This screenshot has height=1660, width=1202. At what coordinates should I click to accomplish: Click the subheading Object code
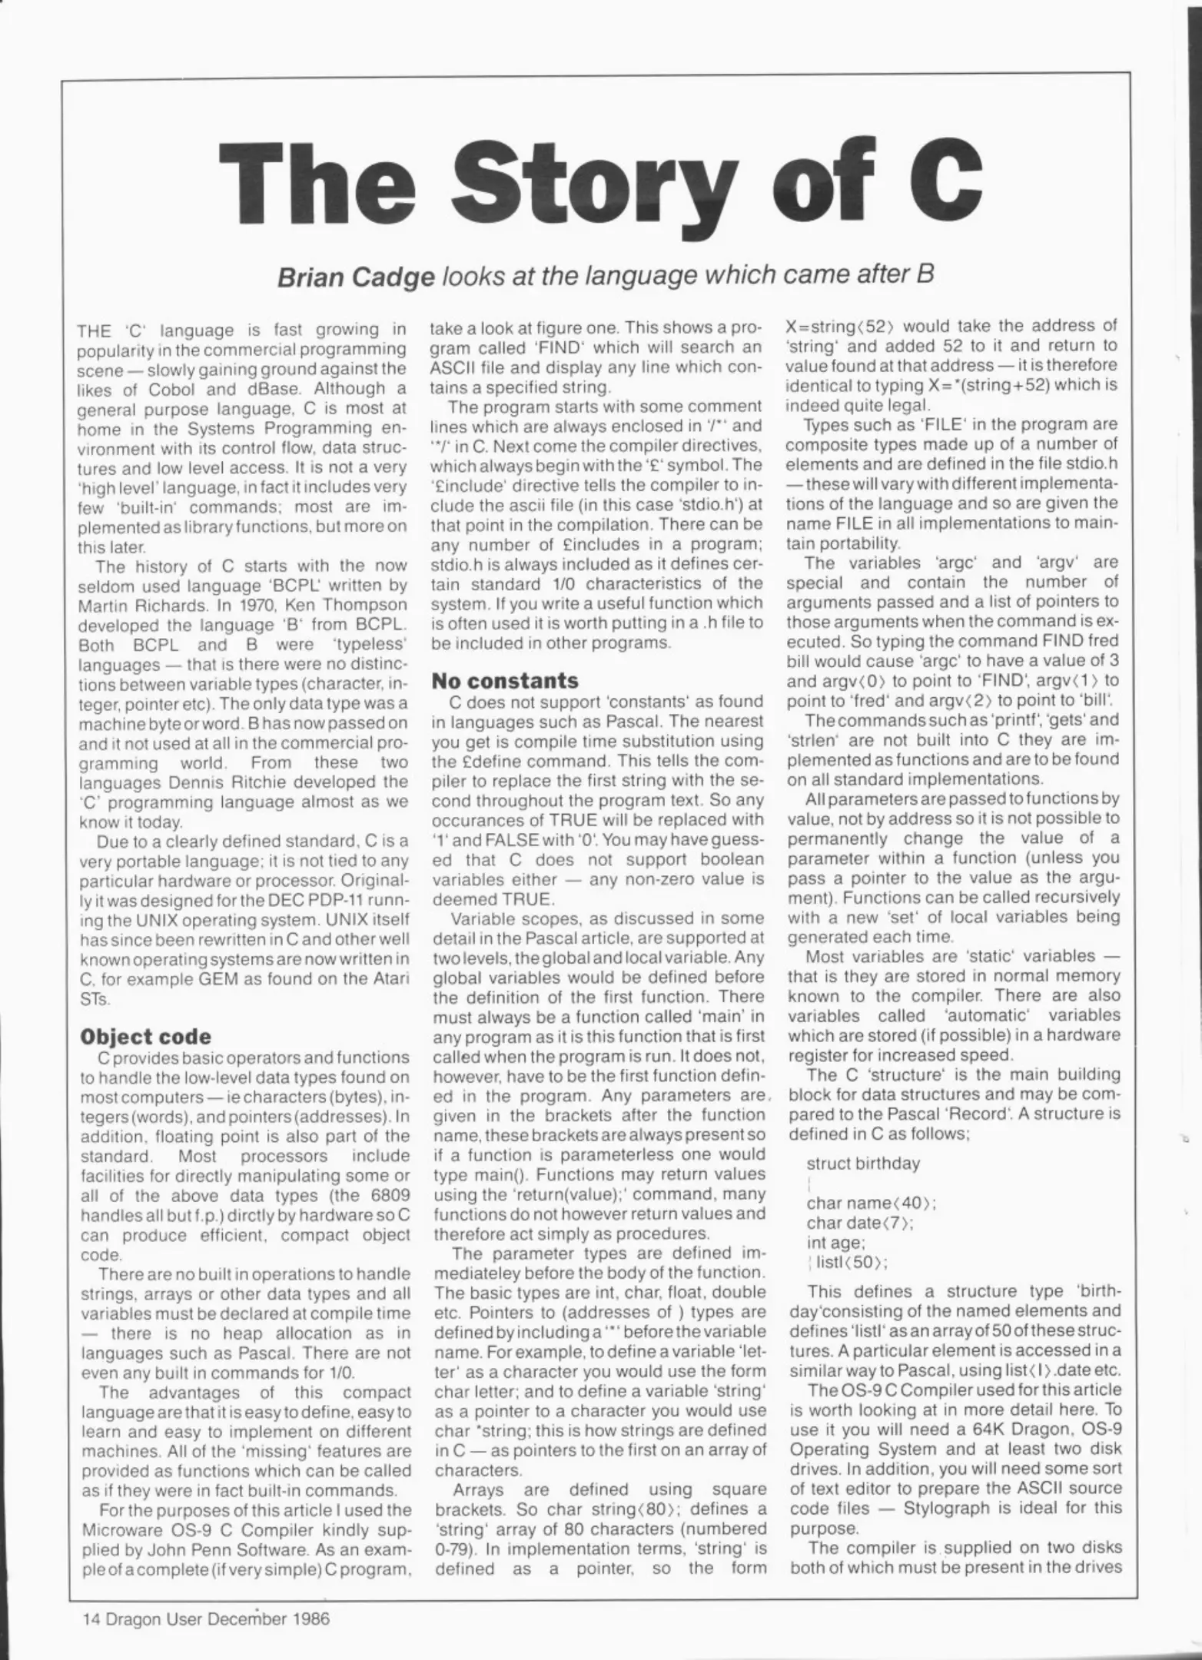145,1037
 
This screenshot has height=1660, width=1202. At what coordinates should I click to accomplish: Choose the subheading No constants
504,681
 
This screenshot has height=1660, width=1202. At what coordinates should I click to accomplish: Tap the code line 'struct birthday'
862,1164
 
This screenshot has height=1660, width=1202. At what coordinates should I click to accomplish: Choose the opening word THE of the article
95,332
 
